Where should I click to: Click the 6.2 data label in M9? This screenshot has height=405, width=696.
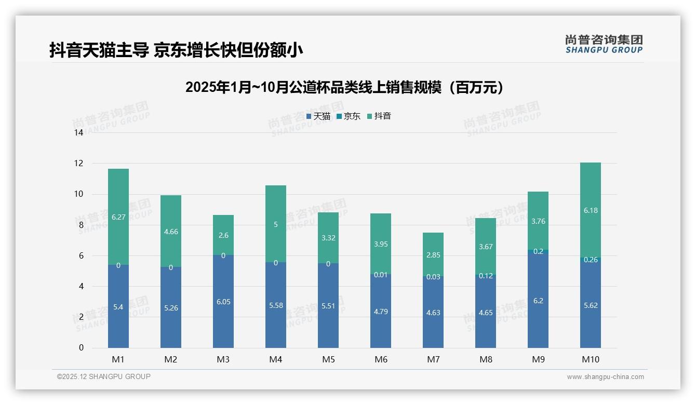[538, 301]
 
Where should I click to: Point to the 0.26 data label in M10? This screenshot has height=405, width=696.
[591, 260]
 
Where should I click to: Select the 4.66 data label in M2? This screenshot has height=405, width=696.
[171, 232]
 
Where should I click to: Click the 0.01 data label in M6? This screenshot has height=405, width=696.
[381, 275]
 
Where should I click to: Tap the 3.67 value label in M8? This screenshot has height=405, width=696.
[486, 247]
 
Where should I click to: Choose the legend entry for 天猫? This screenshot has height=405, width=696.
[318, 116]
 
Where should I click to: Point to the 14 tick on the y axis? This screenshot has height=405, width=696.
[78, 133]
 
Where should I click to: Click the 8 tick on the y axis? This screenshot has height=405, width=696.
[81, 225]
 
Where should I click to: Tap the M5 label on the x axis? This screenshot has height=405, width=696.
[328, 359]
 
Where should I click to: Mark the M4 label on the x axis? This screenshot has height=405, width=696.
[276, 359]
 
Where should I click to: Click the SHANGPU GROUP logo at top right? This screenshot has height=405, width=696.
[604, 44]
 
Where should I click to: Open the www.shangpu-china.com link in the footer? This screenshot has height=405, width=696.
[605, 377]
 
